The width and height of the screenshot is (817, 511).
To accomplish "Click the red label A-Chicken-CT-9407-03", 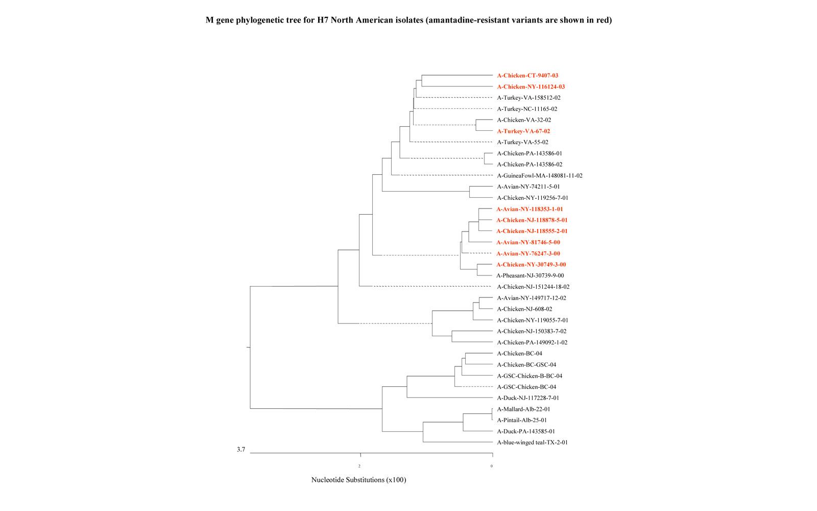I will [527, 76].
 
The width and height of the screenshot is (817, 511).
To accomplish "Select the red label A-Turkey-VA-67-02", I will [523, 131].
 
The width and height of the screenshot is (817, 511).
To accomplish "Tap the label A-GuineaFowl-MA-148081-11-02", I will [540, 176].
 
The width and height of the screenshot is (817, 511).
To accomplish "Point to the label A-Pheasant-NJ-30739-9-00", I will [530, 276].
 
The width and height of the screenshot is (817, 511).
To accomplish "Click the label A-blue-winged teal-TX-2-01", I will [532, 443].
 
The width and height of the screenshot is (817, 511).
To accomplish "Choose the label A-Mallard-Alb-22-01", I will [523, 409].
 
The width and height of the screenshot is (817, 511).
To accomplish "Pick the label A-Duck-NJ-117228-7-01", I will [528, 398].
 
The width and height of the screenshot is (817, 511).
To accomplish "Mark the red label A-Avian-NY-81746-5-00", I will [528, 243].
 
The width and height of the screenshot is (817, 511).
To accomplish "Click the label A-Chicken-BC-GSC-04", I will [526, 365].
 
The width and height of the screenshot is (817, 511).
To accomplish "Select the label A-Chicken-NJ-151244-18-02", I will [533, 287].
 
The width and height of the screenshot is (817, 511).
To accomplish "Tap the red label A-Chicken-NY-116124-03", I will [531, 87].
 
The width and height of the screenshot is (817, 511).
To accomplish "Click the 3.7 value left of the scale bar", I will [241, 450].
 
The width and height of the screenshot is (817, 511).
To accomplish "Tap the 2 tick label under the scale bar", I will [359, 466].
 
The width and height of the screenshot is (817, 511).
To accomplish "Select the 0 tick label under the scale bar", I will [492, 466].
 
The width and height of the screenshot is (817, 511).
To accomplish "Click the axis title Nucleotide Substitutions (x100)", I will [358, 480].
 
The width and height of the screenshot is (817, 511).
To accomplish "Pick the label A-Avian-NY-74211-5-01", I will [528, 187].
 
